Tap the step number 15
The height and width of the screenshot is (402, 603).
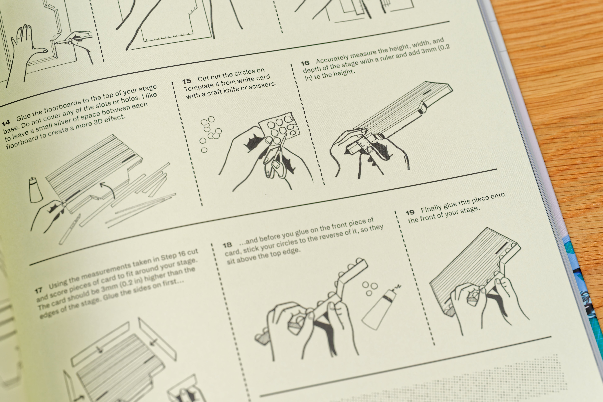(187, 81)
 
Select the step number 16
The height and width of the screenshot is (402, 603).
(305, 63)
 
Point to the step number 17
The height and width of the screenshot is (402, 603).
(39, 290)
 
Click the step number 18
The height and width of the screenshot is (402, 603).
(227, 245)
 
